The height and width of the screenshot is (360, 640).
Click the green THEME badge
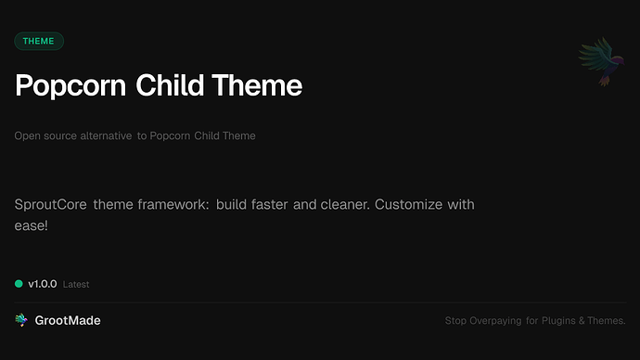39,41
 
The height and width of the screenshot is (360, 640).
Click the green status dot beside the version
19,284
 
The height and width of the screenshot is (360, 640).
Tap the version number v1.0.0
42,284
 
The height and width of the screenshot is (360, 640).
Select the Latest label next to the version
76,284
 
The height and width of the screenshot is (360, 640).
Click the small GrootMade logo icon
21,320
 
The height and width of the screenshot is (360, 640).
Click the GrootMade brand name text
69,320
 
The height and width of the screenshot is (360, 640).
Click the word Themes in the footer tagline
609,321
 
